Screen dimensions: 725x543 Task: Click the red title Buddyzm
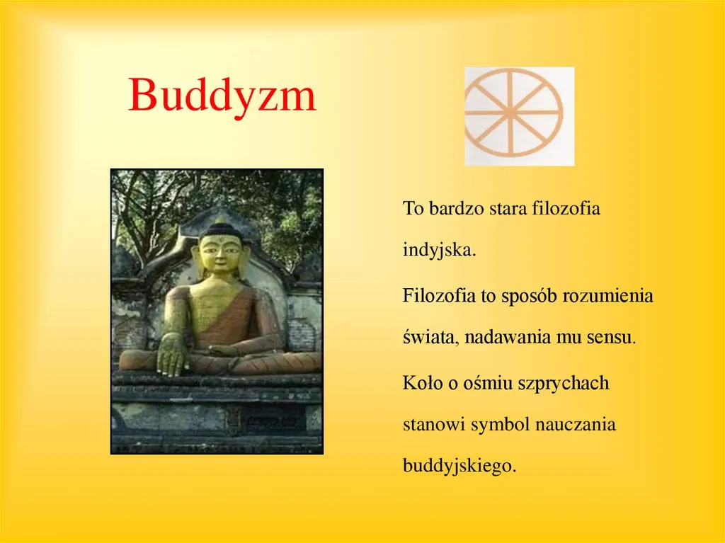tap(222, 96)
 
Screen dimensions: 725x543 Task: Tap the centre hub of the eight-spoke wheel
tap(510, 112)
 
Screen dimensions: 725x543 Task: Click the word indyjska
tap(439, 251)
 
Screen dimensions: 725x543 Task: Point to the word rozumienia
tap(607, 295)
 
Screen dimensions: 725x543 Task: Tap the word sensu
tap(611, 338)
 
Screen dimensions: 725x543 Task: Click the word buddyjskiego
tap(459, 466)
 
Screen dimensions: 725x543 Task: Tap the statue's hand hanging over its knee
tap(172, 355)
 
